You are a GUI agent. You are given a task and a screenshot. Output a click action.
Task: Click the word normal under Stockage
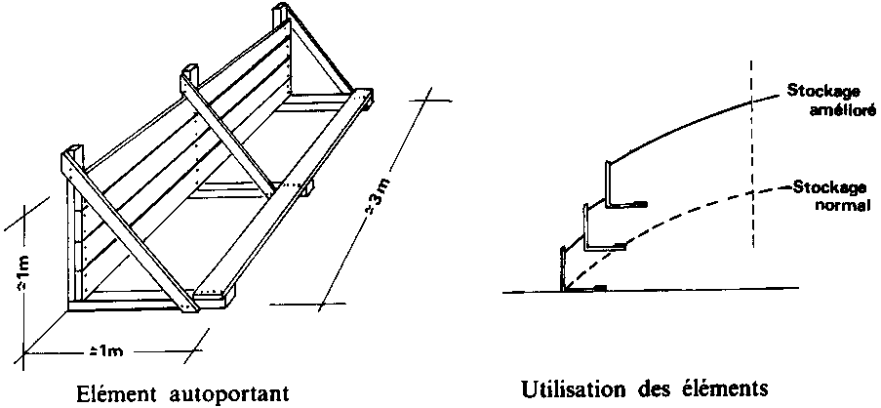point(846,205)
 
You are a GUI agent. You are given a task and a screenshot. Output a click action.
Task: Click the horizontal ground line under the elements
point(683,289)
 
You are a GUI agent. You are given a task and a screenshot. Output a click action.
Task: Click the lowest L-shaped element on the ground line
point(566,268)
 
